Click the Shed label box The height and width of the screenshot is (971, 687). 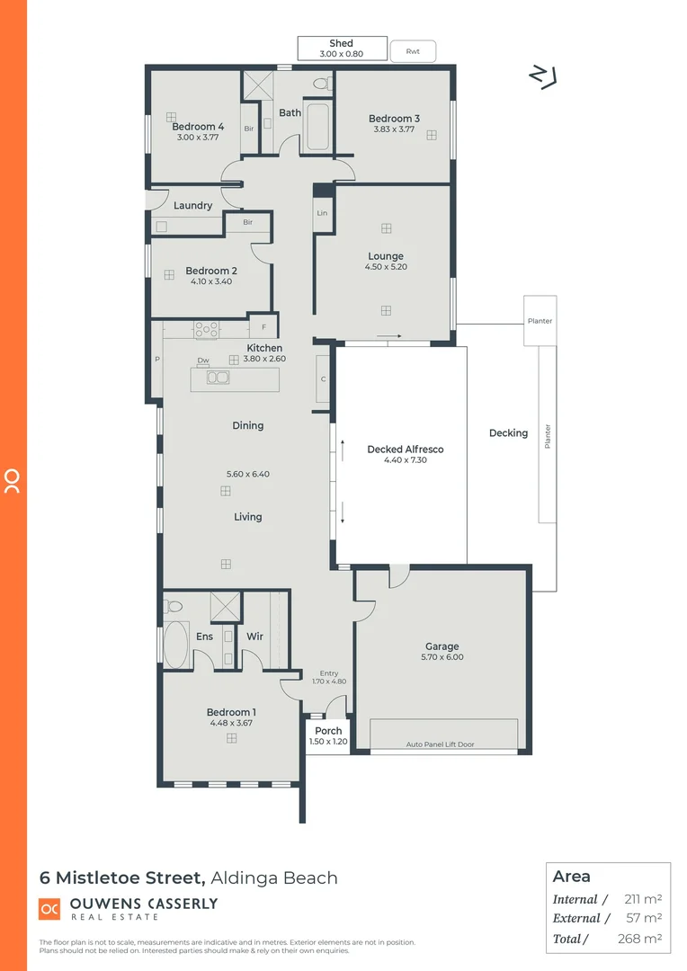coord(342,49)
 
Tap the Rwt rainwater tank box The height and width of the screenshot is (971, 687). coord(413,51)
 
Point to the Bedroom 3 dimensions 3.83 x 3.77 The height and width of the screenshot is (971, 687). coord(394,129)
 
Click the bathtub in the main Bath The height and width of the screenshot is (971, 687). coord(318,128)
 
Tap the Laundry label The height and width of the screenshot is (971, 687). coord(192,206)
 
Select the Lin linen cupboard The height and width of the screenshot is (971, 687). coord(322,213)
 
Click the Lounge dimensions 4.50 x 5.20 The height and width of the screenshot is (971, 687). coord(386,267)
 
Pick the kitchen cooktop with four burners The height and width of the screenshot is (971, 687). coord(207,330)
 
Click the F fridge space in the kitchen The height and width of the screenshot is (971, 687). coord(263,328)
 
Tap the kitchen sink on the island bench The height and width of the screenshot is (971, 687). coord(217,378)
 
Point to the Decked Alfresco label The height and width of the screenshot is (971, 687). coord(406,450)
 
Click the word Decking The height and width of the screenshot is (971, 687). coord(508,433)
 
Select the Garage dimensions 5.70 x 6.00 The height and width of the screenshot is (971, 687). coord(442,657)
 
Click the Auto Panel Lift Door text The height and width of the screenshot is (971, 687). coord(440,744)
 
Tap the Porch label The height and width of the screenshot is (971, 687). coord(328,731)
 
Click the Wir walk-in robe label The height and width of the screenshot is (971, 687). coord(255,637)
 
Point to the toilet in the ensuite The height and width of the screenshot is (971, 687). coord(174,606)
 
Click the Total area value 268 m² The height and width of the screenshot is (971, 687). coord(643,939)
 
